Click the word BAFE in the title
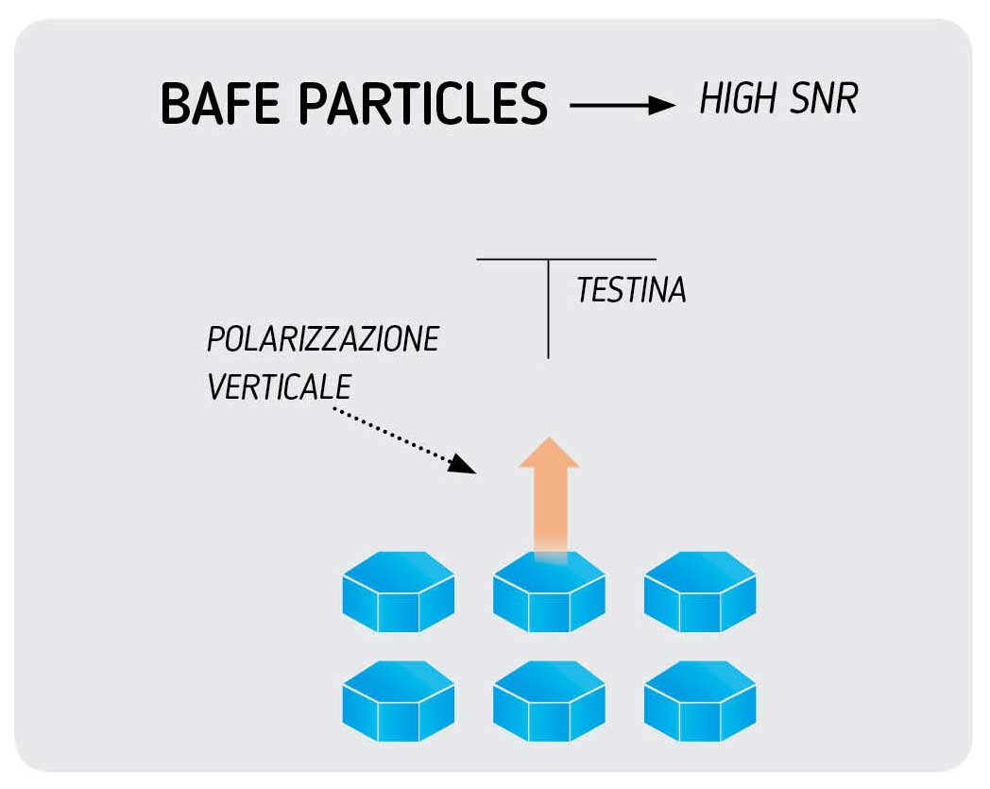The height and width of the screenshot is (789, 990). pyautogui.click(x=218, y=103)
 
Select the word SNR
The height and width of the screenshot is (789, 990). pyautogui.click(x=827, y=98)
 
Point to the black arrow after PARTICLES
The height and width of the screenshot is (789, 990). pyautogui.click(x=623, y=105)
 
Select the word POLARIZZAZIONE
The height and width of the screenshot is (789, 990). pyautogui.click(x=323, y=339)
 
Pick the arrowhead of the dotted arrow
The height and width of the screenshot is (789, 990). pyautogui.click(x=463, y=463)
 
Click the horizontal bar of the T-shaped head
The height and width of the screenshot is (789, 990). pyautogui.click(x=567, y=258)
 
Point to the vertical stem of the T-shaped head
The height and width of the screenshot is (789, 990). pyautogui.click(x=549, y=312)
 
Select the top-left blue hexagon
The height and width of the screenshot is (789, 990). pyautogui.click(x=398, y=592)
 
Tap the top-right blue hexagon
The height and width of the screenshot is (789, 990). pyautogui.click(x=700, y=592)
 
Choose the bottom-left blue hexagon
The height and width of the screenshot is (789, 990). pyautogui.click(x=398, y=701)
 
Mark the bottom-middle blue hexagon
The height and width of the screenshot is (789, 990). pyautogui.click(x=549, y=701)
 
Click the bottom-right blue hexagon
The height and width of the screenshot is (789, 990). pyautogui.click(x=700, y=701)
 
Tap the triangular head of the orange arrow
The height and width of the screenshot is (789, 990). pyautogui.click(x=549, y=453)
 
